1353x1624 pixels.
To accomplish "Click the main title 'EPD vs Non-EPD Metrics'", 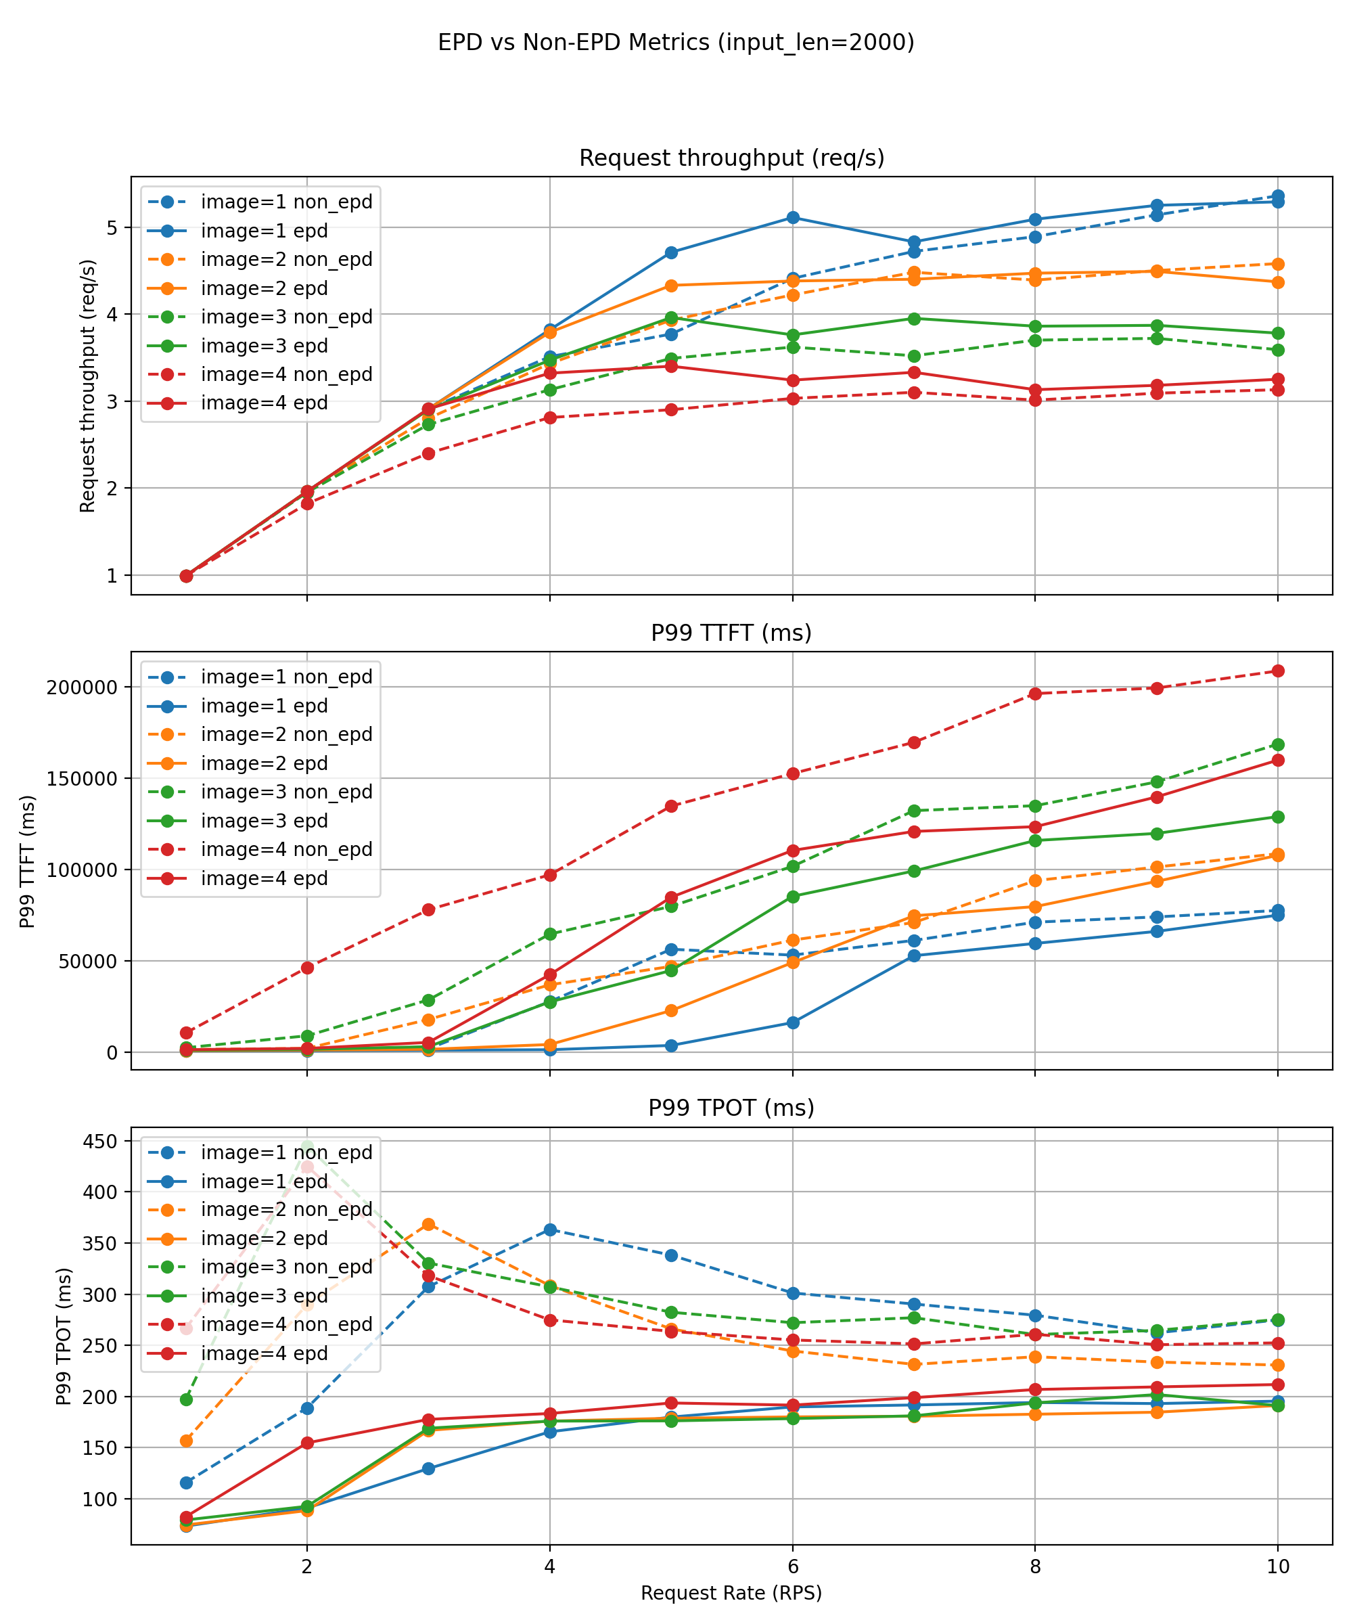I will [676, 42].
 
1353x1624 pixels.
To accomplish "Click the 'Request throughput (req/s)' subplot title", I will [731, 158].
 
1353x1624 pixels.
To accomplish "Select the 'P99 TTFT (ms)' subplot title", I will [731, 633].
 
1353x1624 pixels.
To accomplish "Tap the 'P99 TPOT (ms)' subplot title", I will [731, 1108].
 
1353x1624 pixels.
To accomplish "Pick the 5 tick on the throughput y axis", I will [112, 227].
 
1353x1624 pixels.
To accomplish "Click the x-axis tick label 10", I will [1277, 1566].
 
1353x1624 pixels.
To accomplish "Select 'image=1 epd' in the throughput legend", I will [264, 231].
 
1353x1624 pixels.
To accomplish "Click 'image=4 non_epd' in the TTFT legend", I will [286, 849].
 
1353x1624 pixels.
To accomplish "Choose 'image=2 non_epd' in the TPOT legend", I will [286, 1209].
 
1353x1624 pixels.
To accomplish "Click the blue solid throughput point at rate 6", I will [792, 217].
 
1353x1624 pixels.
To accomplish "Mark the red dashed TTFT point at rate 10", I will [1278, 671].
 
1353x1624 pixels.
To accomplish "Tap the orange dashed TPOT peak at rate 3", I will [428, 1224].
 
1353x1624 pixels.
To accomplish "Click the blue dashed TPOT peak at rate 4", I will [550, 1230].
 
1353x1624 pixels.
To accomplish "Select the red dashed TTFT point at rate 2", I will [307, 968].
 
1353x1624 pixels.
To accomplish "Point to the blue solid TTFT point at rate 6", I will [792, 1022].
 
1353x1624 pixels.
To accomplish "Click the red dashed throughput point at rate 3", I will [428, 453].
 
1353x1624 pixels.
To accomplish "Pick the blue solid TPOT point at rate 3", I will [428, 1468].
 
